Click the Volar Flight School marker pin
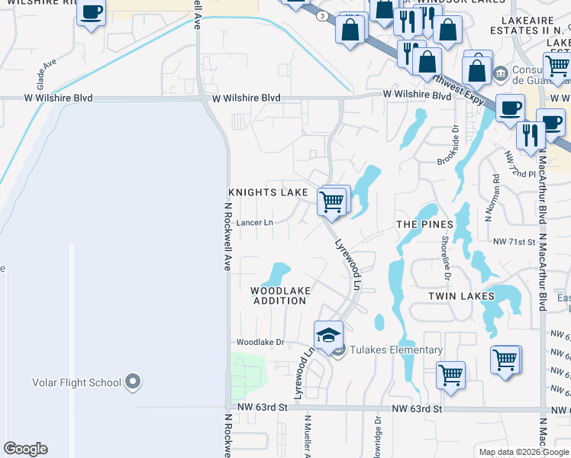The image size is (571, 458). coord(134,382)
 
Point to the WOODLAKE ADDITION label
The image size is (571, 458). coord(279,295)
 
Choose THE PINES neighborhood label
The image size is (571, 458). coord(425,224)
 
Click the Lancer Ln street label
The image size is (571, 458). coord(254,223)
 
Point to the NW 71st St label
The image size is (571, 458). coord(515,242)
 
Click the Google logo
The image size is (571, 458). coord(25,449)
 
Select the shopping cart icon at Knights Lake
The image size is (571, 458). coord(332,202)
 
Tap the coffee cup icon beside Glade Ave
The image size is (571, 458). coord(92,13)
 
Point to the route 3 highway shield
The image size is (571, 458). coord(323,15)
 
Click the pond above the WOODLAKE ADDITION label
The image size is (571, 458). coord(279,273)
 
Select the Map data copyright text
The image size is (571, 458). coord(523,452)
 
